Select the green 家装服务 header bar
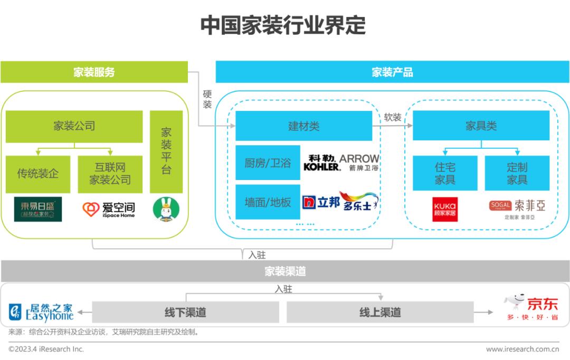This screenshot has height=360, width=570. pyautogui.click(x=94, y=72)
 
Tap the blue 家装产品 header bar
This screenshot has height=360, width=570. pyautogui.click(x=392, y=72)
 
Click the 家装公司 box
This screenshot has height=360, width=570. pyautogui.click(x=74, y=126)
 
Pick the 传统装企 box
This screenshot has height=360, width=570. pyautogui.click(x=37, y=174)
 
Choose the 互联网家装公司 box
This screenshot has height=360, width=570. pyautogui.click(x=110, y=174)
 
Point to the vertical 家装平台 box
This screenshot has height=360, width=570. pyautogui.click(x=166, y=151)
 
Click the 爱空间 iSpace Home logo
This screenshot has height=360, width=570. pyautogui.click(x=109, y=209)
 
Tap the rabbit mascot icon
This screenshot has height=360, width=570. pyautogui.click(x=166, y=209)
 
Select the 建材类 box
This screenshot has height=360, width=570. pyautogui.click(x=303, y=126)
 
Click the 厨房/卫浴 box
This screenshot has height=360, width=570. pyautogui.click(x=268, y=163)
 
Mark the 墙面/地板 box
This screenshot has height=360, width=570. pyautogui.click(x=268, y=202)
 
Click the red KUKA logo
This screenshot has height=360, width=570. pyautogui.click(x=445, y=209)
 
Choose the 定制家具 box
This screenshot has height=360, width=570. pyautogui.click(x=517, y=173)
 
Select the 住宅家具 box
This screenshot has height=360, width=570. pyautogui.click(x=445, y=173)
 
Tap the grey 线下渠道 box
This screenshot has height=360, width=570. pyautogui.click(x=185, y=312)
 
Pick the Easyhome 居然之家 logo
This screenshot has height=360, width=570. pyautogui.click(x=41, y=312)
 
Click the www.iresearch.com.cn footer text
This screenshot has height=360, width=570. pyautogui.click(x=522, y=349)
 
